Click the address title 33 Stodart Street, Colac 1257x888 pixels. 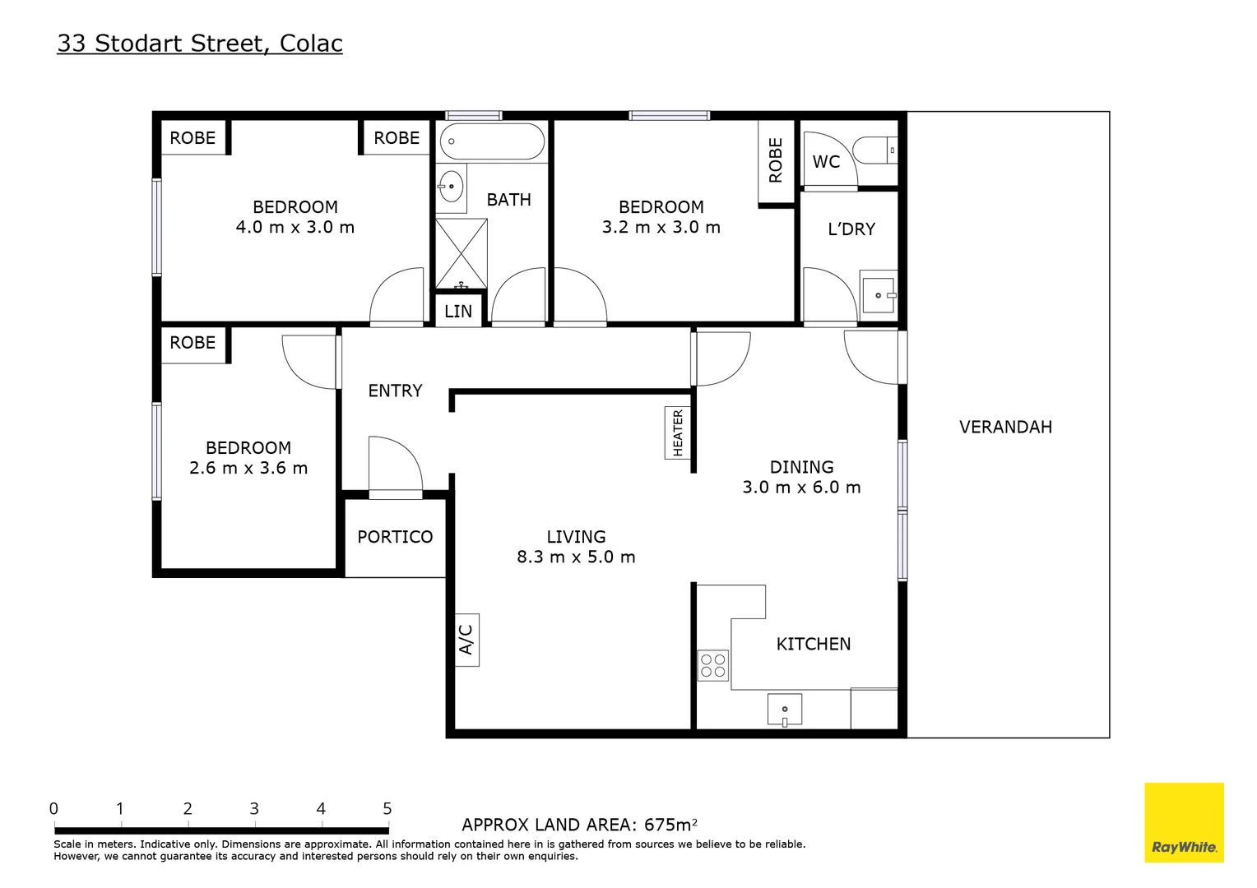coord(200,44)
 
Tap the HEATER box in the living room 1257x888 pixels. coord(677,432)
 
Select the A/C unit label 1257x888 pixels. coord(466,640)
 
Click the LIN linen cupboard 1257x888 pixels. coord(458,312)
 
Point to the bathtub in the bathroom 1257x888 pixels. coord(492,141)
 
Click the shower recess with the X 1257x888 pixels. coord(461,253)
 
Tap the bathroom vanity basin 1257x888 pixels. coord(451,186)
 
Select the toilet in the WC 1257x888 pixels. coord(875,150)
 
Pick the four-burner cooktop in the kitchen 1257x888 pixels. coord(712,665)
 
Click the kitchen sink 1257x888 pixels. coord(784,709)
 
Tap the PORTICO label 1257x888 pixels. coord(395,537)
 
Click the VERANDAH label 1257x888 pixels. coord(1005,427)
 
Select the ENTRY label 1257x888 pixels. coord(395,391)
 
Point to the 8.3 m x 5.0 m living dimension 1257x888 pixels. coord(576,557)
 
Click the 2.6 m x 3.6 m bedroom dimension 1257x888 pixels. coord(248,468)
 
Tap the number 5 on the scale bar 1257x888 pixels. coord(387,809)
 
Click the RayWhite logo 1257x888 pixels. coord(1184,822)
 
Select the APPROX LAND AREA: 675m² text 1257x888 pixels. coord(579,825)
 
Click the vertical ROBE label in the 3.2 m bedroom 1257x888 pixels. coord(776,160)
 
